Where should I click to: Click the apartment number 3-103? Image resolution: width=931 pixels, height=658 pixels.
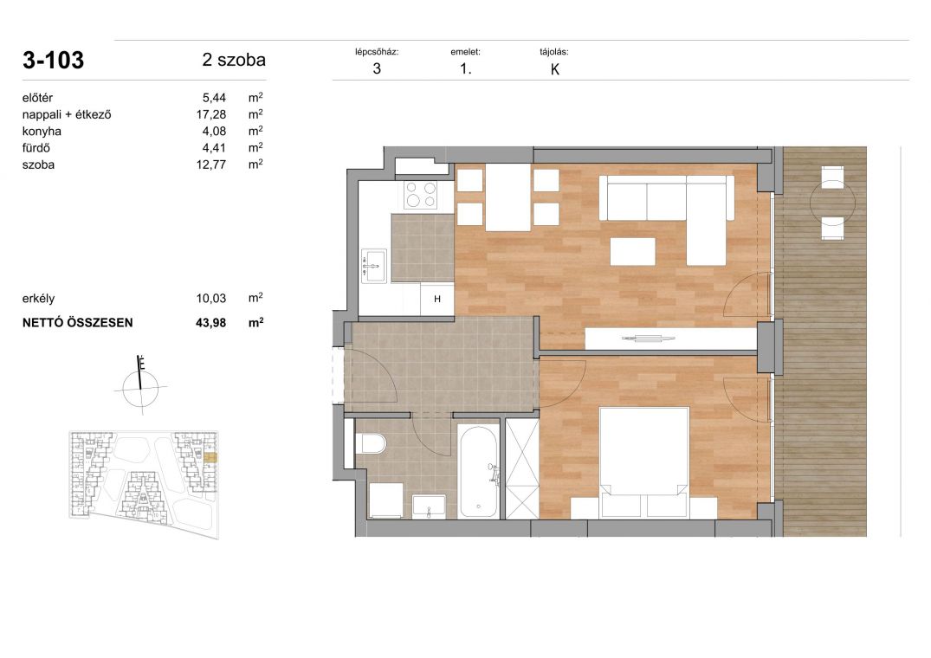[x=53, y=60]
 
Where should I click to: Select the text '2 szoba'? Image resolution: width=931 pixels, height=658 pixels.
[x=234, y=60]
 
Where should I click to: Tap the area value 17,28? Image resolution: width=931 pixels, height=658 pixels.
[x=210, y=114]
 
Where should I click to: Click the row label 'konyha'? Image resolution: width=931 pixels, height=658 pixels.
[x=42, y=131]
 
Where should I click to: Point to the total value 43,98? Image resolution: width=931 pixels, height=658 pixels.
[x=210, y=323]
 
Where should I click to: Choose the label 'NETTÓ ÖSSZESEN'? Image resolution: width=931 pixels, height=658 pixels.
[x=78, y=323]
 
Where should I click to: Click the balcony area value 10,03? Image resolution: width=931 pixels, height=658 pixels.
[x=210, y=299]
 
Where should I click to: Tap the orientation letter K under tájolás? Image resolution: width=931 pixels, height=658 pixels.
[x=555, y=69]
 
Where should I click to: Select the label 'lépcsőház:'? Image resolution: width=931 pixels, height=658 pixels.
[x=377, y=52]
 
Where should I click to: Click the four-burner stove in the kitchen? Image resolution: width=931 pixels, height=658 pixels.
[x=420, y=195]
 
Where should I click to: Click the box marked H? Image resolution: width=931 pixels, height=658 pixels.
[x=437, y=299]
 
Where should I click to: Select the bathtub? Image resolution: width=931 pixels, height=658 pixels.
[x=478, y=473]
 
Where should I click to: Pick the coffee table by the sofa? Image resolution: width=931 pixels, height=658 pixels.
[x=633, y=251]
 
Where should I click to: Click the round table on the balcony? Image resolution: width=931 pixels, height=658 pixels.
[x=832, y=203]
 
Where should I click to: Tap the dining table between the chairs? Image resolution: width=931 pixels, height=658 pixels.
[x=508, y=197]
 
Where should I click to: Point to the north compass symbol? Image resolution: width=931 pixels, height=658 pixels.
[x=140, y=385]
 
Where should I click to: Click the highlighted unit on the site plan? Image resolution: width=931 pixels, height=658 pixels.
[x=210, y=457]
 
